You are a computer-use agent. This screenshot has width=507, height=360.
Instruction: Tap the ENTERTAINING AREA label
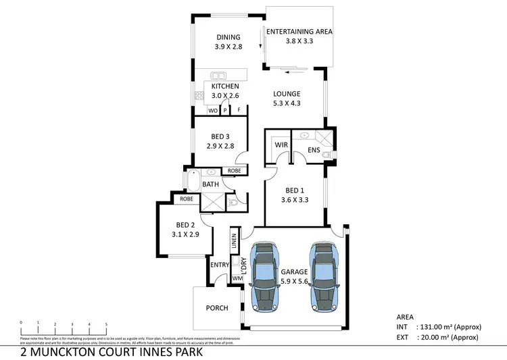coord(299,31)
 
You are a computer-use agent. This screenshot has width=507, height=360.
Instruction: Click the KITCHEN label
coord(225,86)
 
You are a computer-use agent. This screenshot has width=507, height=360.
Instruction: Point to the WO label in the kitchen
coord(212,109)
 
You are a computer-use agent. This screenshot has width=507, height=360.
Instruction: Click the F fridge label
coord(239,109)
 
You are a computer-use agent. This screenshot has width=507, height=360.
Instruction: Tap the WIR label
coord(281,145)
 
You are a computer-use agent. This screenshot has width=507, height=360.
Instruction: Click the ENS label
coord(314,150)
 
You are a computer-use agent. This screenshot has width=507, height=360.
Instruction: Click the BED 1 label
coord(295,190)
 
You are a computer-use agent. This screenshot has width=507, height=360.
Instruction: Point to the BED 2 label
coord(186,225)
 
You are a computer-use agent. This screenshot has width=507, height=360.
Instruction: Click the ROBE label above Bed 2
coord(186,200)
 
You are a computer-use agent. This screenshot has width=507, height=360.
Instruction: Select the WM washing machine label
coord(237,278)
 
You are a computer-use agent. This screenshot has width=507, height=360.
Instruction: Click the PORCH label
coord(216,308)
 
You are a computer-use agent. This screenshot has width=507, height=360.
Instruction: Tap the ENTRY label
coord(220,265)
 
